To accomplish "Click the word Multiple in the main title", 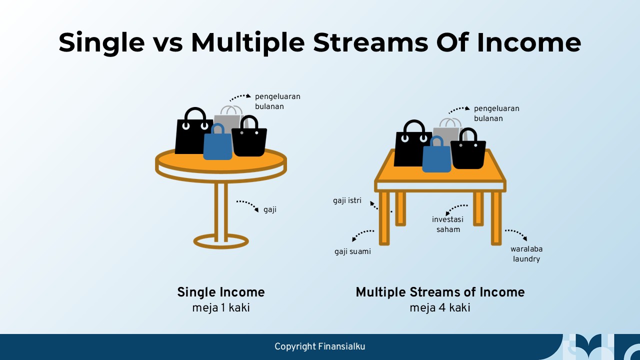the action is coord(247,43).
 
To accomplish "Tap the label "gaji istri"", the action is coord(347,200).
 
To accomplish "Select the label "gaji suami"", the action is coord(352,251).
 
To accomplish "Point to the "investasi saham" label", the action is coord(447,224).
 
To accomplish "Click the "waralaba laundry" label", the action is coord(526,253).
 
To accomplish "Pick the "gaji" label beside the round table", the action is coord(270,210).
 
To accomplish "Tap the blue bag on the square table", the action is coord(436,154).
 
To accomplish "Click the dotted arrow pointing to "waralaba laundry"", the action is coord(516,233).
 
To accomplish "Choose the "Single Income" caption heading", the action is coord(221,292).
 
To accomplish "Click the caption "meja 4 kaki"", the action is coord(440,308).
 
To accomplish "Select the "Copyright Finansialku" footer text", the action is coord(319,346).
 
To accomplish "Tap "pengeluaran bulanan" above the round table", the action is coord(277,101).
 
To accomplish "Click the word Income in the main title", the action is coord(529,43).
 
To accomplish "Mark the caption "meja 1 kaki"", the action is coord(221,308).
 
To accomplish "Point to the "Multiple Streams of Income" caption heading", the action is coord(440,292).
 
